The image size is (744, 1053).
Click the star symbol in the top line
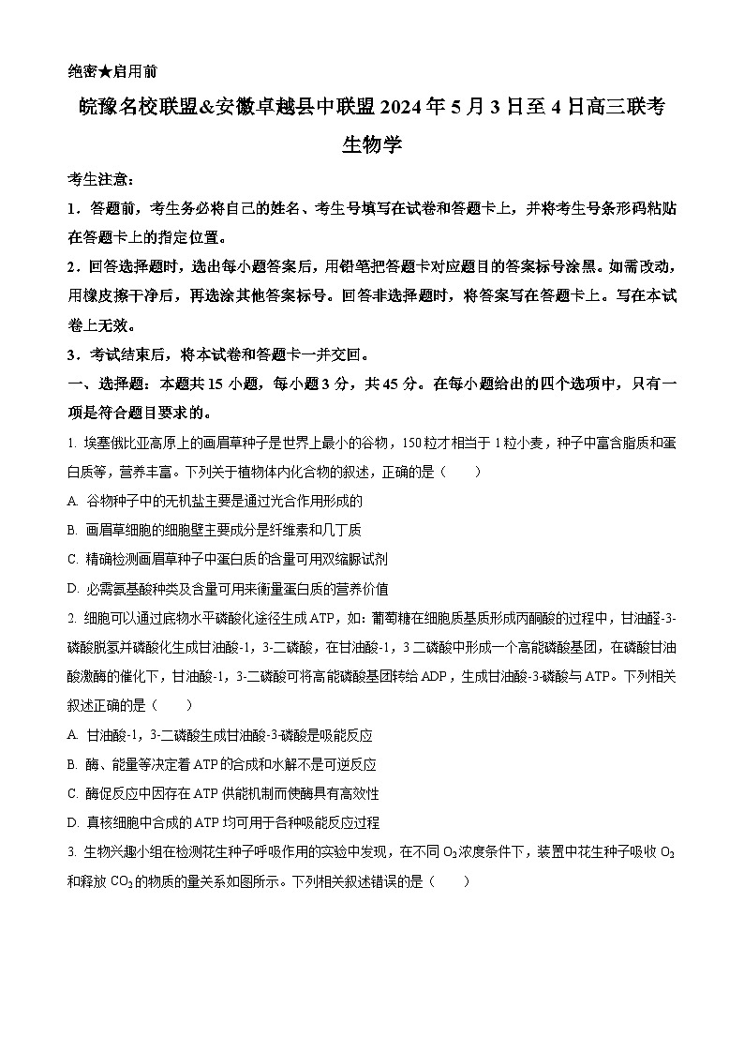(x=107, y=70)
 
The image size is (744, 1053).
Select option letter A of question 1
(x=73, y=501)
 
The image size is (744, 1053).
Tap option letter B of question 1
(x=73, y=530)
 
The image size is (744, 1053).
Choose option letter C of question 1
(x=73, y=559)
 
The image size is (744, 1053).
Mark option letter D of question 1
(x=73, y=589)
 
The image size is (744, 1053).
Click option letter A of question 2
(x=73, y=735)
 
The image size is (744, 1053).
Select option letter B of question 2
(x=73, y=764)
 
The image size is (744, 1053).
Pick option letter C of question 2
(x=73, y=793)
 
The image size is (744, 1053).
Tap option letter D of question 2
(x=73, y=822)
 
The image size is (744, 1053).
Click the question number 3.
(x=71, y=852)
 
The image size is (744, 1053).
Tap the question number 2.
(x=71, y=618)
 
